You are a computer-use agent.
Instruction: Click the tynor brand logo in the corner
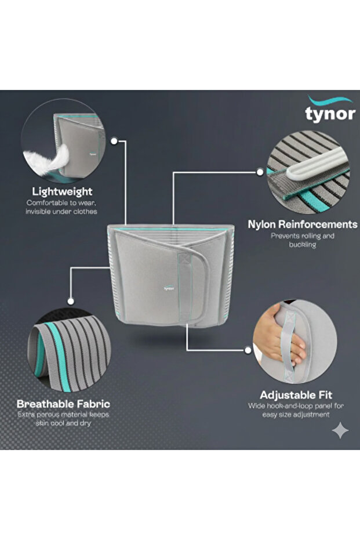pyautogui.click(x=330, y=109)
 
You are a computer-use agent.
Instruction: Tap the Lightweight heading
pyautogui.click(x=62, y=191)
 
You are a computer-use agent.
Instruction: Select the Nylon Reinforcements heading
pyautogui.click(x=303, y=224)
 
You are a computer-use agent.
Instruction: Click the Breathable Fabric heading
pyautogui.click(x=63, y=404)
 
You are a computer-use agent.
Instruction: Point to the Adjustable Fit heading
pyautogui.click(x=296, y=394)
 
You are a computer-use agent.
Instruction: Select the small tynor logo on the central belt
pyautogui.click(x=169, y=288)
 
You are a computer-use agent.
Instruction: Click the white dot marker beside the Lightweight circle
pyautogui.click(x=114, y=141)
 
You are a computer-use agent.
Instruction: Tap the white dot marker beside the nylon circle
pyautogui.click(x=260, y=172)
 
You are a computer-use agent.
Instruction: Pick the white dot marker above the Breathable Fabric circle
pyautogui.click(x=71, y=302)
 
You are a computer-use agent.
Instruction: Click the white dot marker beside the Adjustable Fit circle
pyautogui.click(x=248, y=350)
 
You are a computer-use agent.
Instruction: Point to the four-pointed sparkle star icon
pyautogui.click(x=340, y=430)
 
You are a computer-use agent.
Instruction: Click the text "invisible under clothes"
pyautogui.click(x=61, y=212)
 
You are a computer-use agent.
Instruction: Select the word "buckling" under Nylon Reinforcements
pyautogui.click(x=303, y=245)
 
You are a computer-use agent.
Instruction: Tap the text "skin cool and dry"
pyautogui.click(x=63, y=423)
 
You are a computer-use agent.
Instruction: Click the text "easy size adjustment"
pyautogui.click(x=296, y=414)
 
